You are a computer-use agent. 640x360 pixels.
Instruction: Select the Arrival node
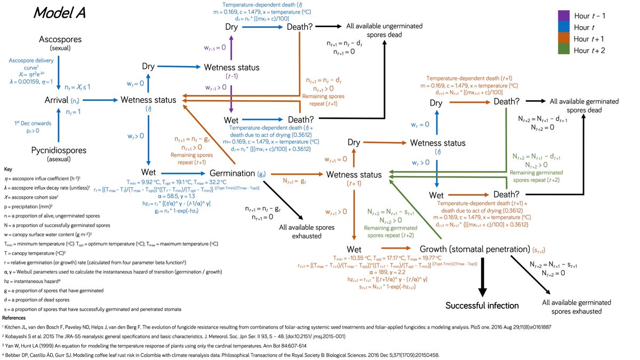tap(58, 100)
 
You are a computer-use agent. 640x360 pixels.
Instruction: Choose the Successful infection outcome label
tap(482, 306)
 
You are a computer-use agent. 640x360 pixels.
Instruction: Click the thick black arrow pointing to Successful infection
tap(482, 277)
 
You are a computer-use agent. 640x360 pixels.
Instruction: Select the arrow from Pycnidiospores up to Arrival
tap(58, 125)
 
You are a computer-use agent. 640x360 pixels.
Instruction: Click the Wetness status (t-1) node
tap(232, 67)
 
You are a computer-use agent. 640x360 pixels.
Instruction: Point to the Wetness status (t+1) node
tap(354, 174)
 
